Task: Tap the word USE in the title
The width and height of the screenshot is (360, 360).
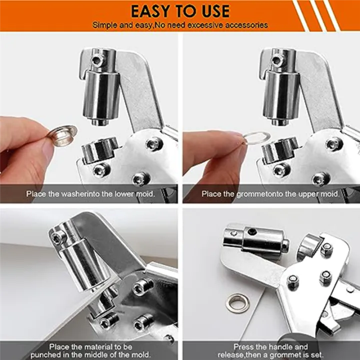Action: [212, 11]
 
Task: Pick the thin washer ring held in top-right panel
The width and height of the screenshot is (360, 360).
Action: [255, 139]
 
